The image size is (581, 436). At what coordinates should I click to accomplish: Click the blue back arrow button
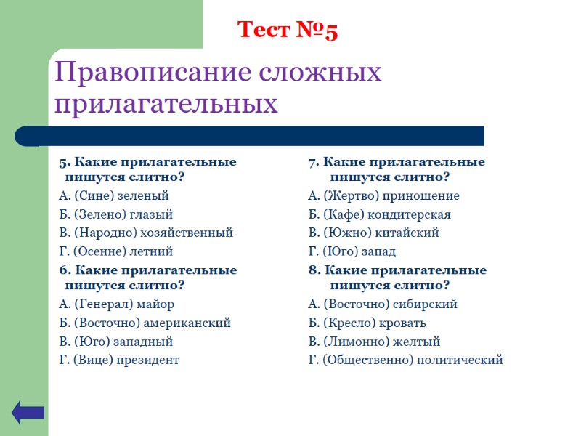[28, 413]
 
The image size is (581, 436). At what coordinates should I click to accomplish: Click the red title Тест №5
[288, 31]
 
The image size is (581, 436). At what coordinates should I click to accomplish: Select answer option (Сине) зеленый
[113, 195]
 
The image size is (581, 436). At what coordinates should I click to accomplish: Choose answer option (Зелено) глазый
[115, 214]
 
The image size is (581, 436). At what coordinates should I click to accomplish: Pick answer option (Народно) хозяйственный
[145, 233]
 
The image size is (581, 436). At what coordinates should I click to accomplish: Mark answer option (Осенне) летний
[115, 251]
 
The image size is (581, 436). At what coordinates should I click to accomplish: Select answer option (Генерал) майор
[116, 304]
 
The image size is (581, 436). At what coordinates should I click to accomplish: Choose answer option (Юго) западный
[115, 341]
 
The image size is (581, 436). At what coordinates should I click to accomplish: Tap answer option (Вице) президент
[118, 360]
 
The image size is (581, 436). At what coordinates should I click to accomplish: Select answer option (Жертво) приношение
[383, 195]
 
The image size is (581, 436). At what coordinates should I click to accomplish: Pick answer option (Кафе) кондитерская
[379, 214]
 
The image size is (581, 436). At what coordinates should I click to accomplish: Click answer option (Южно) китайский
[373, 233]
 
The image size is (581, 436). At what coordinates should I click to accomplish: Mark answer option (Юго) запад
[352, 251]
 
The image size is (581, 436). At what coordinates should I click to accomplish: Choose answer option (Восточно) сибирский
[383, 304]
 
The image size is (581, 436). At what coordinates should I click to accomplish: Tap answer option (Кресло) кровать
[367, 323]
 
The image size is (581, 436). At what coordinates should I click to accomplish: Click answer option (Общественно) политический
[405, 360]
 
